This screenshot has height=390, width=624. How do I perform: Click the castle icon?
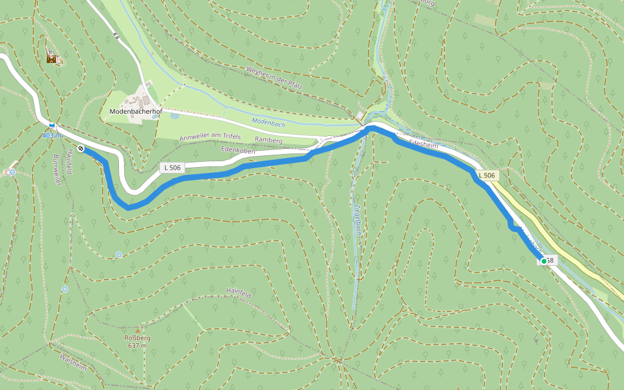point(51,58)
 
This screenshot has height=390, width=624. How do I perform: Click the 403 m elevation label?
point(51,135)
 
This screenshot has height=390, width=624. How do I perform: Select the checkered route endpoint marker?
point(81,148)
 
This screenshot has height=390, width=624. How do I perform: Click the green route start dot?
point(543,261)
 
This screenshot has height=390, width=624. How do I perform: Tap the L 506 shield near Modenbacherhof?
point(172,168)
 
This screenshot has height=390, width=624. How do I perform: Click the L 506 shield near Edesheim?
point(487,175)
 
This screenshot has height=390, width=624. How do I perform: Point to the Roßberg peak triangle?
point(137,331)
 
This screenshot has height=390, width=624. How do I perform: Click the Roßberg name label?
point(137,338)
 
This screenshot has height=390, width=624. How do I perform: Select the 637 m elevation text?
point(137,346)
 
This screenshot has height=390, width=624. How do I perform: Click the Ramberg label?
point(268,140)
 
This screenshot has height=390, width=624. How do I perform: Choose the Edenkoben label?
point(238,150)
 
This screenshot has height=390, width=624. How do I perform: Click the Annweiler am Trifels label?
point(210,136)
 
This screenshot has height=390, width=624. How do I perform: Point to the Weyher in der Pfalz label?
point(283,78)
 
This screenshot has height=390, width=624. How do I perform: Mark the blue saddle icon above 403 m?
point(51,124)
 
